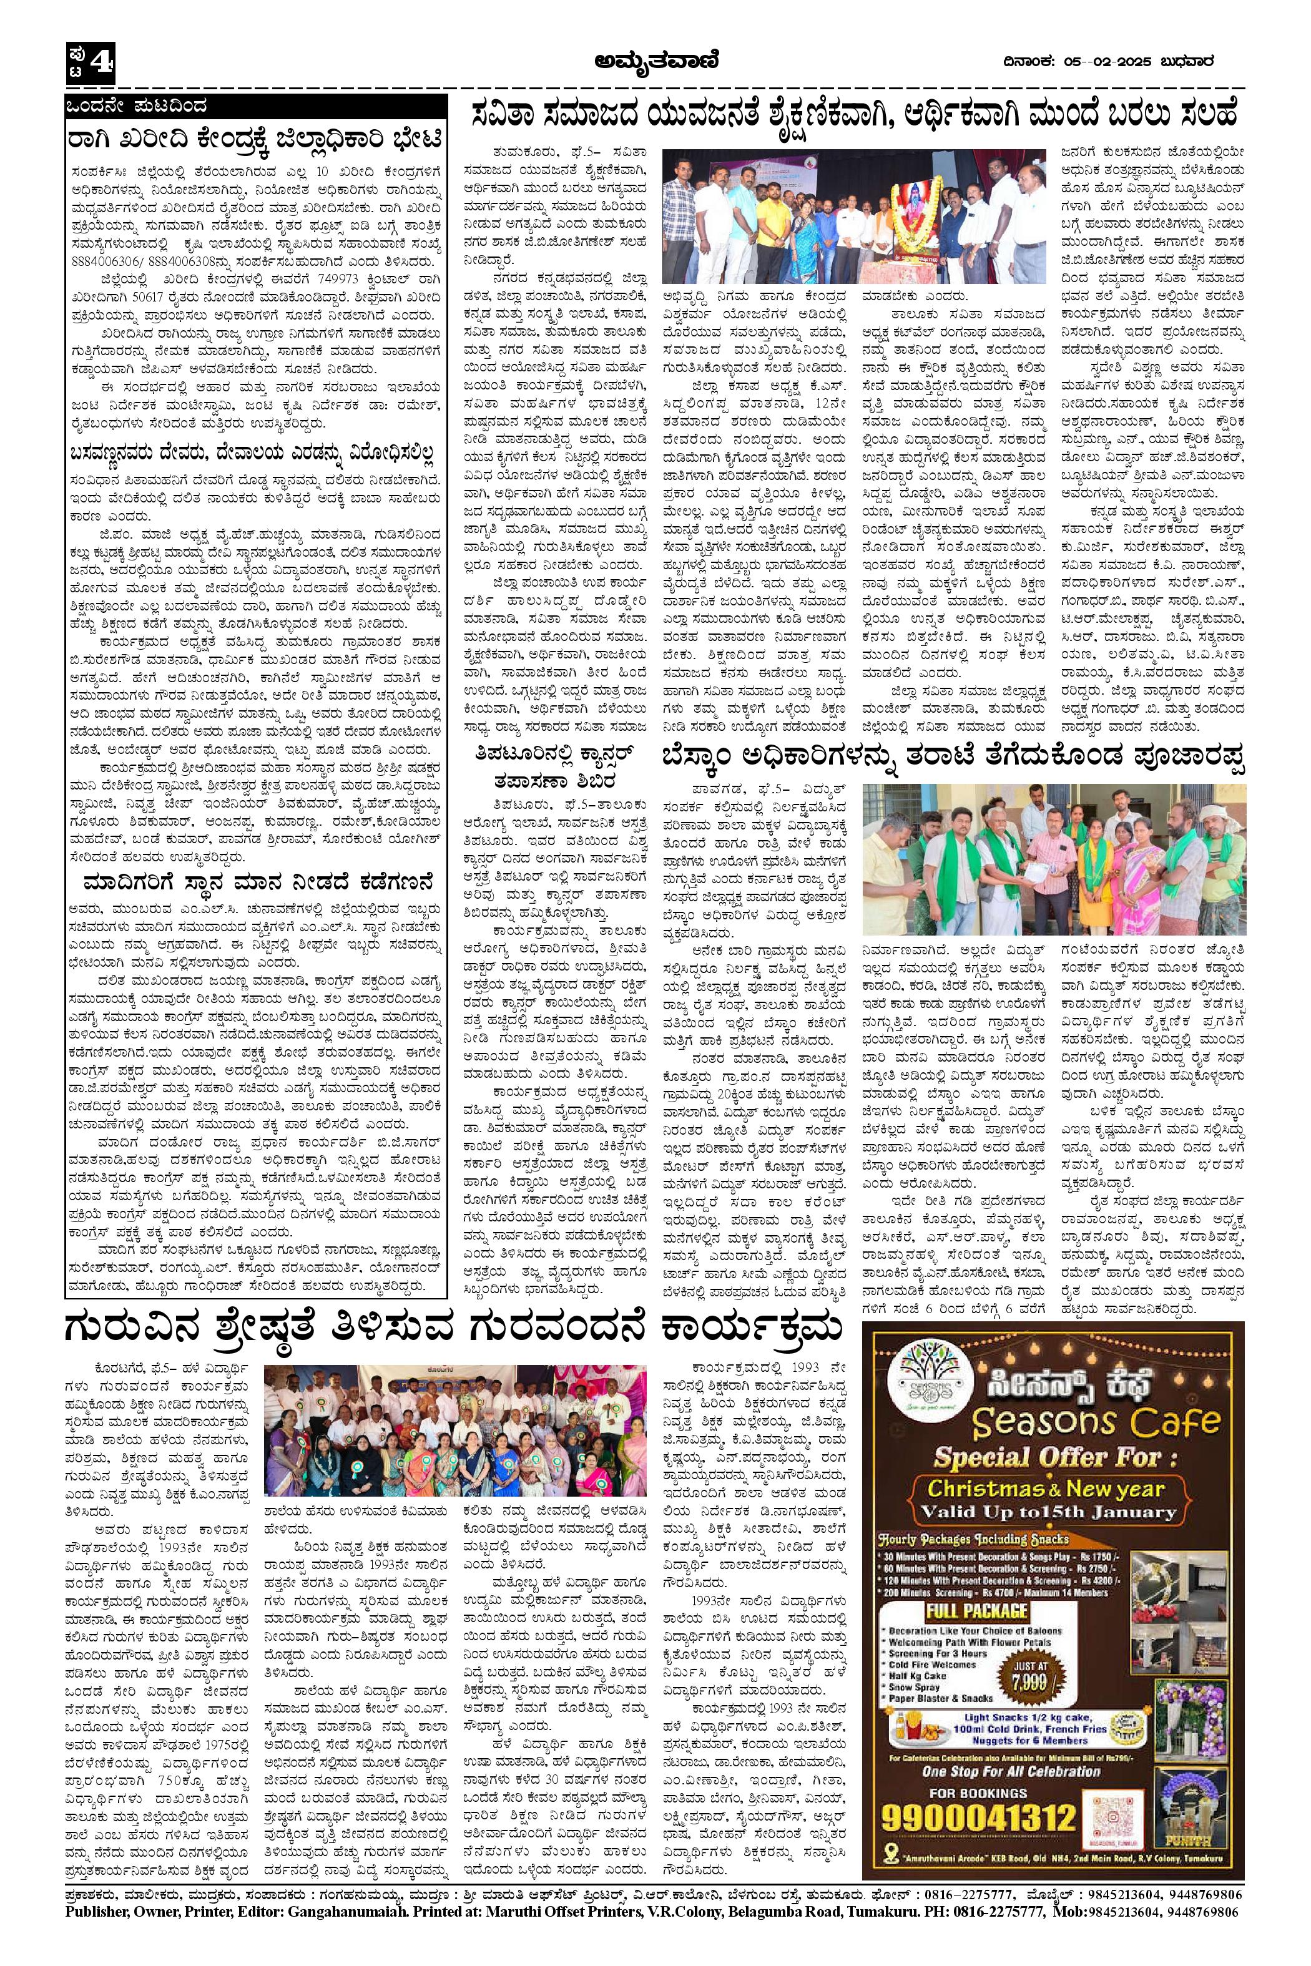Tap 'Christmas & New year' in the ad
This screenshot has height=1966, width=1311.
1046,1488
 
